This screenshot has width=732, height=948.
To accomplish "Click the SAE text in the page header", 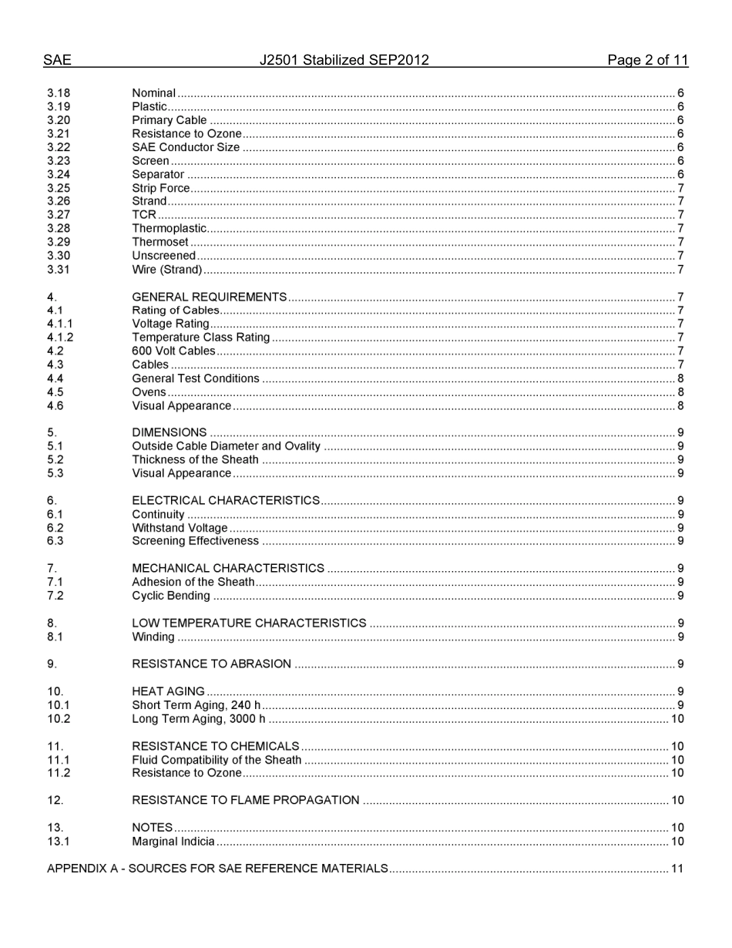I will click(57, 60).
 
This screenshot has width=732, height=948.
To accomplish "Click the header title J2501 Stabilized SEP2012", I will click(344, 60).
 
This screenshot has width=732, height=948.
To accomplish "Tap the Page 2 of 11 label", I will click(647, 60).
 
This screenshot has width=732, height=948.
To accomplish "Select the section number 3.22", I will click(59, 147).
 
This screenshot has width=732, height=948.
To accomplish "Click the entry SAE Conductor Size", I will click(186, 147).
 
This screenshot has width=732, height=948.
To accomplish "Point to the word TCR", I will click(144, 215).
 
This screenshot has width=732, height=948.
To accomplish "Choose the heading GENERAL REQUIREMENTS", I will click(210, 297).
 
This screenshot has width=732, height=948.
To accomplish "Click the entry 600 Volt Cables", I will click(173, 351).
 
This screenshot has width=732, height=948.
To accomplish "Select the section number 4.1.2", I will click(60, 338).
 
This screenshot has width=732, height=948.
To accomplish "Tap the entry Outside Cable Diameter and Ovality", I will click(226, 446).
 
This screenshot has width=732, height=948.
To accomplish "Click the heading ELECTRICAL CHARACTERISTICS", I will click(226, 501).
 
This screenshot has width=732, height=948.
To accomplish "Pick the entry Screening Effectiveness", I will click(195, 541).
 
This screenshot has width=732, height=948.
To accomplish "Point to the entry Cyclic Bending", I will click(171, 596).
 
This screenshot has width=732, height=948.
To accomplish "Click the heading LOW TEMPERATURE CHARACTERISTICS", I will click(249, 623).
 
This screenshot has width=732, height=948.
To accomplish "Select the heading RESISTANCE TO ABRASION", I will click(211, 664).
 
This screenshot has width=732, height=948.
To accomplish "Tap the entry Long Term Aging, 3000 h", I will click(198, 719).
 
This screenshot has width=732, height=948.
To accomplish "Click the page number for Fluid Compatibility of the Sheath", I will click(677, 760).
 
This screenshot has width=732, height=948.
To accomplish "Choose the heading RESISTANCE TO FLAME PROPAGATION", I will click(245, 800).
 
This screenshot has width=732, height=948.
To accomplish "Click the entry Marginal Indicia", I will click(173, 842).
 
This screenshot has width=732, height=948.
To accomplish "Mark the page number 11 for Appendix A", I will click(677, 869).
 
